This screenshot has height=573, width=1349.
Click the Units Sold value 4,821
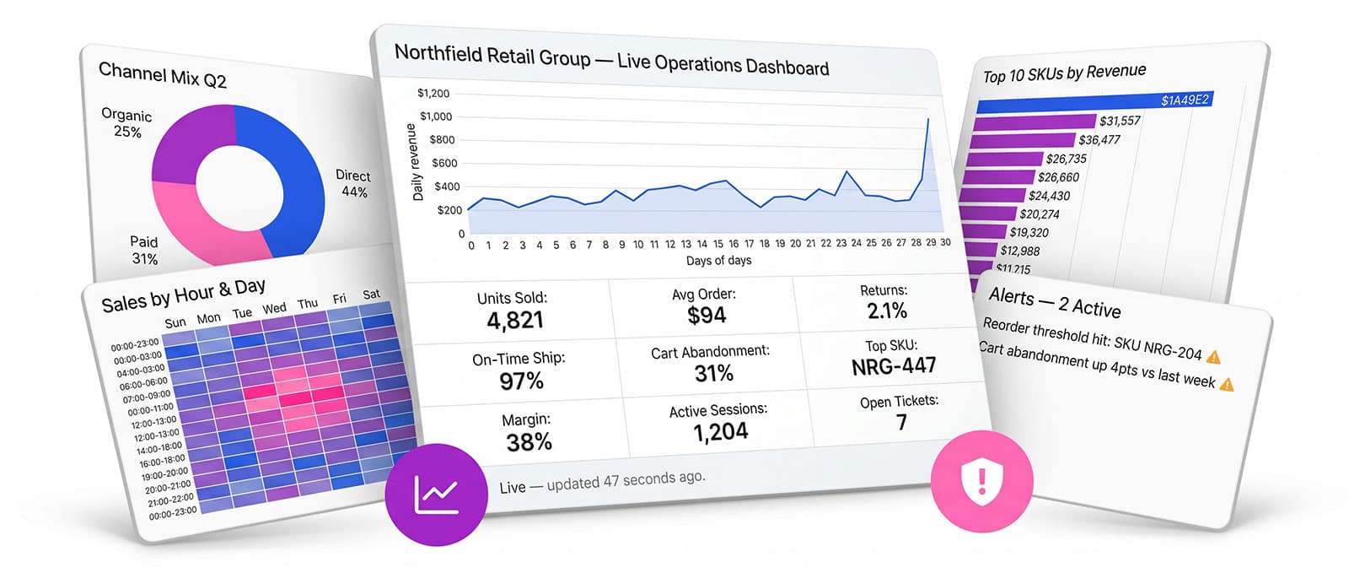[515, 320]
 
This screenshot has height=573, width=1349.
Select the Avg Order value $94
[707, 315]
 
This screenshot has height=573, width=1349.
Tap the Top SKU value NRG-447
[894, 365]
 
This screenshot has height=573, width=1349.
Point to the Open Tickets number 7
[901, 422]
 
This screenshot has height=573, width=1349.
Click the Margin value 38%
[529, 442]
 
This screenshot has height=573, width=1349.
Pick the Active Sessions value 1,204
[720, 432]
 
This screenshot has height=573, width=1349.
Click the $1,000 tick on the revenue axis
[435, 116]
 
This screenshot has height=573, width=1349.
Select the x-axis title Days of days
[718, 260]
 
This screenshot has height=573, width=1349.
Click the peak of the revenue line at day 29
[928, 119]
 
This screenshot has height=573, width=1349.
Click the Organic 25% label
[126, 123]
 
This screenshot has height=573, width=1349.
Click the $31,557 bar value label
[1120, 122]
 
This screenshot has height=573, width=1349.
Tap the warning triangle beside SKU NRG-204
[1213, 357]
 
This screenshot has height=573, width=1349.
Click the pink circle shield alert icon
[981, 481]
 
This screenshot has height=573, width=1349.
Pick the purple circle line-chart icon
[436, 495]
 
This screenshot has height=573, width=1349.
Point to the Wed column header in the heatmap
[274, 309]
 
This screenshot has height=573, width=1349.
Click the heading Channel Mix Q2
[163, 75]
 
